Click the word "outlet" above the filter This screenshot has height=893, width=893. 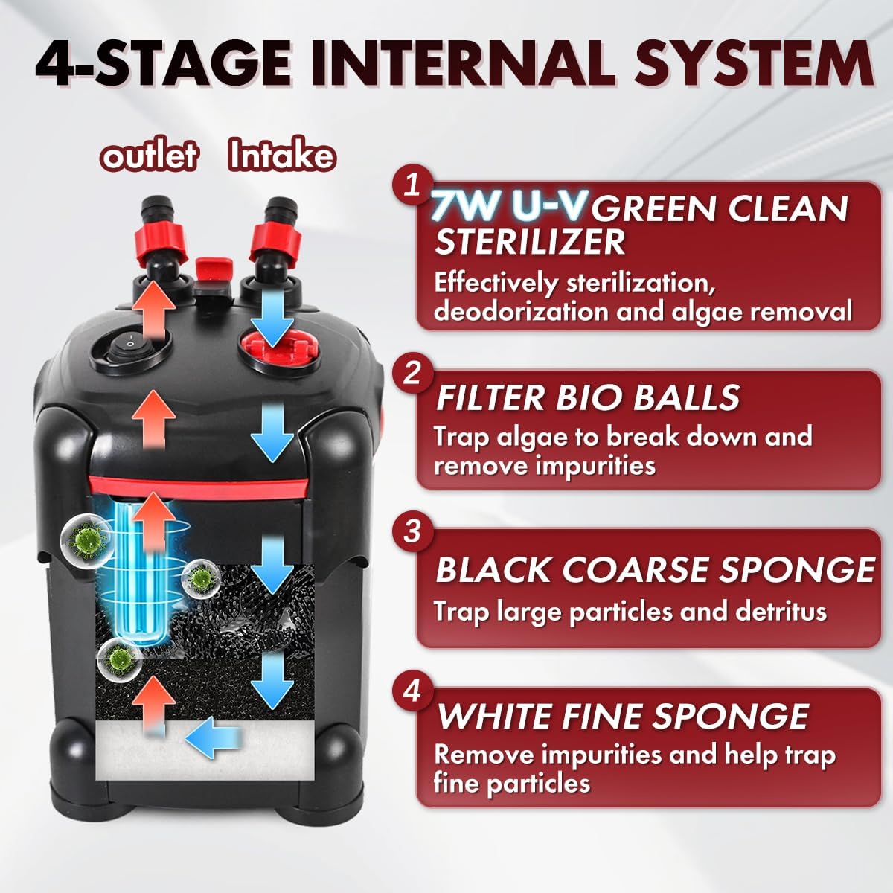pos(150,156)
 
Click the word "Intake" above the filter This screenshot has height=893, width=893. pos(282,156)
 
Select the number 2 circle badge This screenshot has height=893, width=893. pos(412,373)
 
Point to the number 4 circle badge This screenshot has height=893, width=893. pos(412,691)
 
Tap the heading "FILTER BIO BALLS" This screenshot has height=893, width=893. pos(587,398)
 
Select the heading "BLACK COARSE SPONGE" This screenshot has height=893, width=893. pos(654,569)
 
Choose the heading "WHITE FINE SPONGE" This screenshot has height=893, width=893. pos(622,716)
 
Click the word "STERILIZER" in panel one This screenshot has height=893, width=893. pos(529,243)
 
